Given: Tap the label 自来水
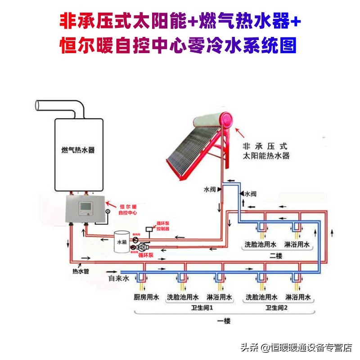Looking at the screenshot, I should [x=119, y=279].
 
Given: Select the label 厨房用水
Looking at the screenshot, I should [x=147, y=297].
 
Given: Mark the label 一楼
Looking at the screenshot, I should [x=224, y=321].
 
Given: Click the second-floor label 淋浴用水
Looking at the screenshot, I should [x=297, y=244].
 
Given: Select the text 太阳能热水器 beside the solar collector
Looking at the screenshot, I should [x=265, y=156].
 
